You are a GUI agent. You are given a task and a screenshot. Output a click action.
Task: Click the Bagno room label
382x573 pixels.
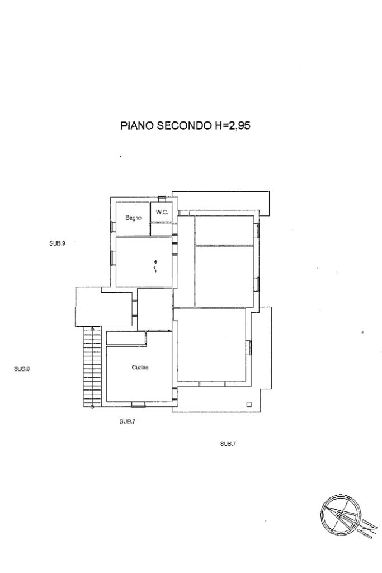(x=133, y=218)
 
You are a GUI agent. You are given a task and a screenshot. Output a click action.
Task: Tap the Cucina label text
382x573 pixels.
(x=140, y=368)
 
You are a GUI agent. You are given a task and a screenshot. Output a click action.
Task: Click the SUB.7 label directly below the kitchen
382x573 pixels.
(x=127, y=421)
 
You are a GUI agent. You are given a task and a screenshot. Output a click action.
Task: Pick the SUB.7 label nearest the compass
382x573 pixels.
(x=228, y=443)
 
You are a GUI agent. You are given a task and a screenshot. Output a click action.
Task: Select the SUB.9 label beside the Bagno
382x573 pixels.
(x=57, y=243)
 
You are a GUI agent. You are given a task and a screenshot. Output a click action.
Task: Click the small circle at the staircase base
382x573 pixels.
(x=92, y=407)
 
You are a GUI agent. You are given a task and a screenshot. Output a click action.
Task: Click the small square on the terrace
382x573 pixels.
(x=249, y=404)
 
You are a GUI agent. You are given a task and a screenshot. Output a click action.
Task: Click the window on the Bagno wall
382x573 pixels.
(x=112, y=226)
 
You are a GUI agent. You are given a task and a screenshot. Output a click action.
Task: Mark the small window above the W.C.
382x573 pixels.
(x=162, y=198)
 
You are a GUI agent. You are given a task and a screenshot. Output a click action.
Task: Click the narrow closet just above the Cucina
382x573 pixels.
(x=126, y=339)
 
